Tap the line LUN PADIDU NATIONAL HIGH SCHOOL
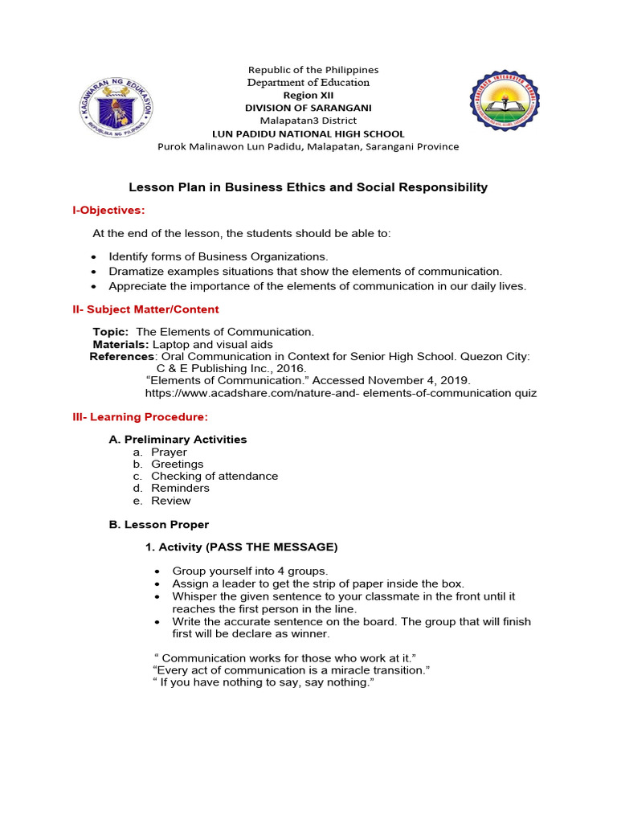(308, 133)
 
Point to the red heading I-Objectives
(108, 210)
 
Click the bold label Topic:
(110, 332)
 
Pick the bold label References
(121, 357)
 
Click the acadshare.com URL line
(341, 393)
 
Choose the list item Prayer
(169, 452)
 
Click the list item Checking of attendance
(215, 476)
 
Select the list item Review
(171, 501)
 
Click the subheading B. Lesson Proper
(158, 525)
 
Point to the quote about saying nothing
(264, 682)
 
